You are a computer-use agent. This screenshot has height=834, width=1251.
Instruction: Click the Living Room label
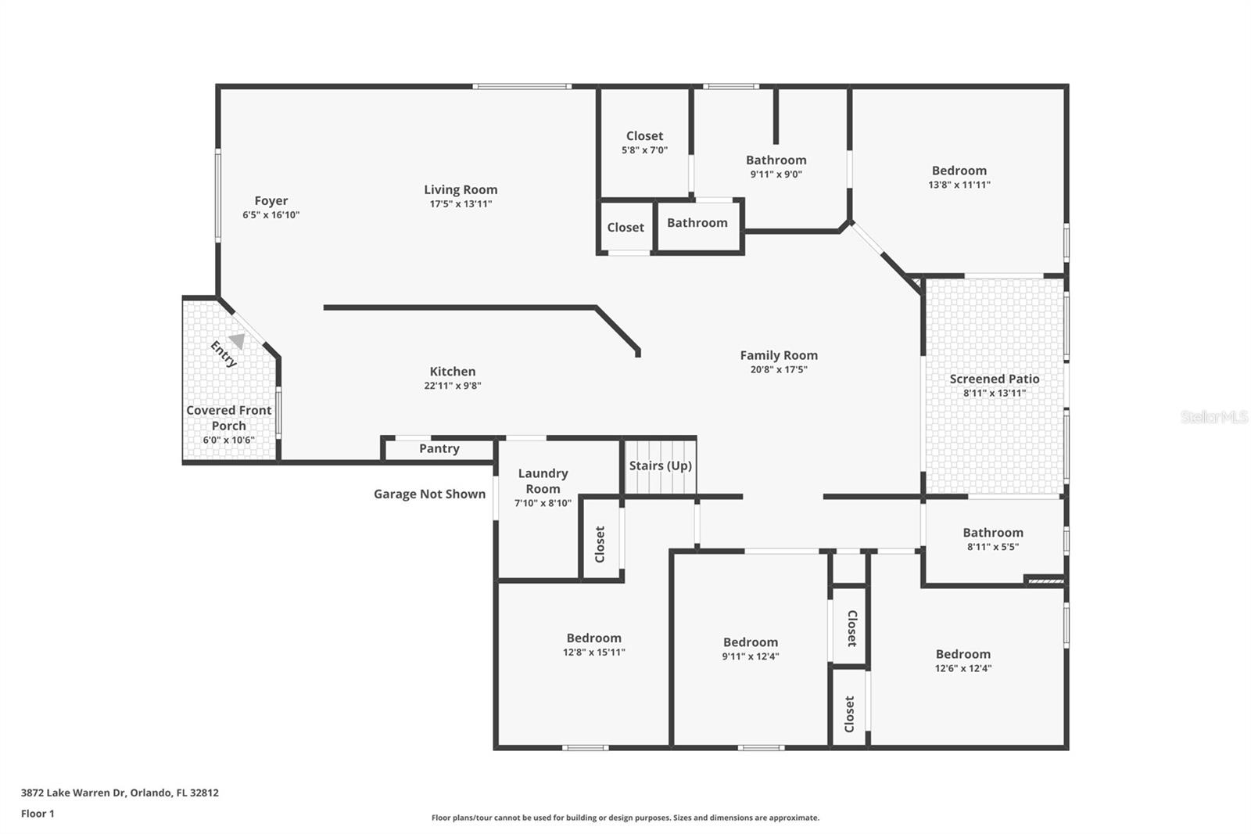[x=461, y=189]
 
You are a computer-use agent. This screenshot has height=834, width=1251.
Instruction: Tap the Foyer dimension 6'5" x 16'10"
[x=271, y=215]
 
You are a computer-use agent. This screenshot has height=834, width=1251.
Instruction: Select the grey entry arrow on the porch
[x=237, y=341]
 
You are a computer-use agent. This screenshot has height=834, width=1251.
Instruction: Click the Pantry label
[x=439, y=448]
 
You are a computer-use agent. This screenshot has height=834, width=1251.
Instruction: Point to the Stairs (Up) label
[x=660, y=466]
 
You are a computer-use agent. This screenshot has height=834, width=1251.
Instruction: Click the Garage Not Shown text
[x=429, y=494]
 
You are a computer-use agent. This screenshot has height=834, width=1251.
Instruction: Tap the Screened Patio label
[x=994, y=379]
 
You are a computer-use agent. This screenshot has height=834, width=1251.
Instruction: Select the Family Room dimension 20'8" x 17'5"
[x=778, y=369]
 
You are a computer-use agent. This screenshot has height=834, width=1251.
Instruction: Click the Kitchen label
[x=452, y=372]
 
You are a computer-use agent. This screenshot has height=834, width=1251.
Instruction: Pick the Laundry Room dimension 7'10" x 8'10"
[x=543, y=503]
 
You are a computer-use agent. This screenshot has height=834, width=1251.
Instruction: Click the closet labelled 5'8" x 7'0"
[x=644, y=142]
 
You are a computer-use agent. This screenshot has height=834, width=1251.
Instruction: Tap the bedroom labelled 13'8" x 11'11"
[x=959, y=177]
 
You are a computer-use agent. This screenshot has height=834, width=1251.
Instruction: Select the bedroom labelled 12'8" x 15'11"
[x=593, y=644]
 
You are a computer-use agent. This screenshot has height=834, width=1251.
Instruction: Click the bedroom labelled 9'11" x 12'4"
[x=750, y=649]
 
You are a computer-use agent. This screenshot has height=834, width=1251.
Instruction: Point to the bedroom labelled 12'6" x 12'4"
[x=962, y=660]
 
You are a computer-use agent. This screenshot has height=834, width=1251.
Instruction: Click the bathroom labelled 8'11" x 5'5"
[x=992, y=539]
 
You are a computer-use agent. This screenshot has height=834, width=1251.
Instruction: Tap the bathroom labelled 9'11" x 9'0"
[x=776, y=166]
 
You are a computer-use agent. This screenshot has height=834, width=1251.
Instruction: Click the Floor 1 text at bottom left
[x=38, y=814]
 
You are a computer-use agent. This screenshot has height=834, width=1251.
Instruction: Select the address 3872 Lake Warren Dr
[x=120, y=793]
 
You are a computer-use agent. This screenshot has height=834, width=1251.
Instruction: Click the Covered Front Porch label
[x=228, y=418]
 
